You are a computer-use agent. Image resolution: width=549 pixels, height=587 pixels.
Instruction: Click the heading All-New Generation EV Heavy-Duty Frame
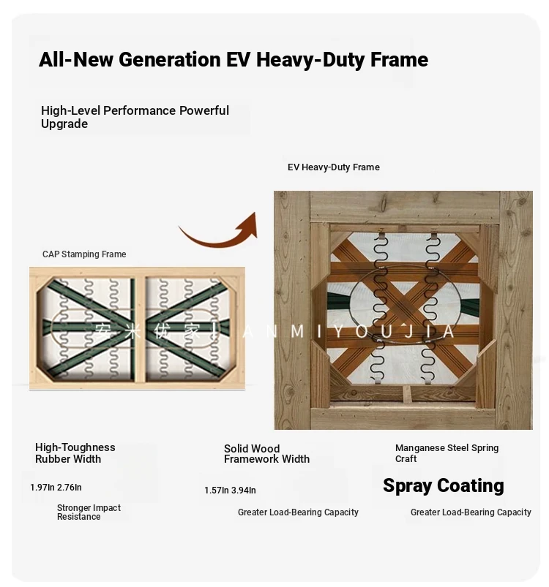coord(234,59)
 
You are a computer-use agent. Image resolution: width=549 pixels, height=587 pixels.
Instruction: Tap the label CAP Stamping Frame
coord(84,254)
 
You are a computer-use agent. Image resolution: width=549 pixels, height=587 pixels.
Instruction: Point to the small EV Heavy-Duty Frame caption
coord(334,167)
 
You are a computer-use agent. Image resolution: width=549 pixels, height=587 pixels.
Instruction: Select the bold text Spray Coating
coord(444,486)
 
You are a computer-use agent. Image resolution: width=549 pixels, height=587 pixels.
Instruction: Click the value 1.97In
coord(42,488)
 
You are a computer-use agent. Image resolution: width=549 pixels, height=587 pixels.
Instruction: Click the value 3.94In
coord(243,491)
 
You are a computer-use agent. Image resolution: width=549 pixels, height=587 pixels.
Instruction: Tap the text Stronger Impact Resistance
coord(89,512)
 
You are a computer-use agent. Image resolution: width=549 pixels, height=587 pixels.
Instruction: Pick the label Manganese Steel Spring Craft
coord(447,453)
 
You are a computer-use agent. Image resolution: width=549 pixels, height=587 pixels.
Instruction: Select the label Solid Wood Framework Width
coord(267,454)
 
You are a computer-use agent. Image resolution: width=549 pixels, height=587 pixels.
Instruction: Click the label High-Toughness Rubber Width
coord(75,453)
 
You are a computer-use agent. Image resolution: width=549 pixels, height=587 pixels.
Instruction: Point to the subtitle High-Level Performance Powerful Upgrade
coord(135,117)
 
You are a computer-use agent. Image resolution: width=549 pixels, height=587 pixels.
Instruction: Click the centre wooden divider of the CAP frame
coord(139,329)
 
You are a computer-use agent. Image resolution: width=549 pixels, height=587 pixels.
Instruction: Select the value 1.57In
coord(216,491)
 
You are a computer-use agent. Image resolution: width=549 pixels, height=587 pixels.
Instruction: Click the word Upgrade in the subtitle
coord(64,124)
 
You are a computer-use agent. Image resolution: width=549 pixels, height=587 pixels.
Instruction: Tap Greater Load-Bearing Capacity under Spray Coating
coord(471,512)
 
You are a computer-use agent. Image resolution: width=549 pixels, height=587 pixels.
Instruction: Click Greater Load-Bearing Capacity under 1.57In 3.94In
coord(298,512)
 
